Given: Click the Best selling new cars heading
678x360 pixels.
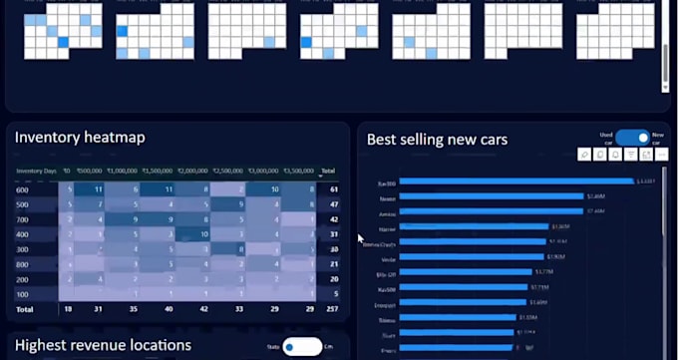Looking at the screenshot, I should pyautogui.click(x=437, y=140).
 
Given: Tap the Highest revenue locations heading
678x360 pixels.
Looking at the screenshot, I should pyautogui.click(x=103, y=345).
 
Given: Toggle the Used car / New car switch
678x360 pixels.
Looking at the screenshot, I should pyautogui.click(x=632, y=138).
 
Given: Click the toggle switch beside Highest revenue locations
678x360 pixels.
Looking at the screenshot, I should pyautogui.click(x=302, y=346).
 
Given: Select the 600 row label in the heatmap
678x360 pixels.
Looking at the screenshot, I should pyautogui.click(x=23, y=188).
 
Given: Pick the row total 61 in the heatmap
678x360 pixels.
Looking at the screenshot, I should pyautogui.click(x=334, y=188).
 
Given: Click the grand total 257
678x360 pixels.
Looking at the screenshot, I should pyautogui.click(x=333, y=310).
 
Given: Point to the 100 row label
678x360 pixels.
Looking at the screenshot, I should pyautogui.click(x=23, y=294).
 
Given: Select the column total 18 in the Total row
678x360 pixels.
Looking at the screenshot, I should pyautogui.click(x=67, y=310).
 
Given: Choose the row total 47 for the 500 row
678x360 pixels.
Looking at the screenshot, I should pyautogui.click(x=334, y=203).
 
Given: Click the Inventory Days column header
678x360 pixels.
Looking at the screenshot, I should pyautogui.click(x=35, y=172).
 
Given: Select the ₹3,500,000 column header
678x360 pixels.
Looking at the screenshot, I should pyautogui.click(x=298, y=172).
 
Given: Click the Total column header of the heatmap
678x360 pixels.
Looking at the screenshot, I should pyautogui.click(x=328, y=172).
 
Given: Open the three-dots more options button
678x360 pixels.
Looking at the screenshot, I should pyautogui.click(x=661, y=154).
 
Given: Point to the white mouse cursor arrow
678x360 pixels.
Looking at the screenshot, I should pyautogui.click(x=361, y=238).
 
